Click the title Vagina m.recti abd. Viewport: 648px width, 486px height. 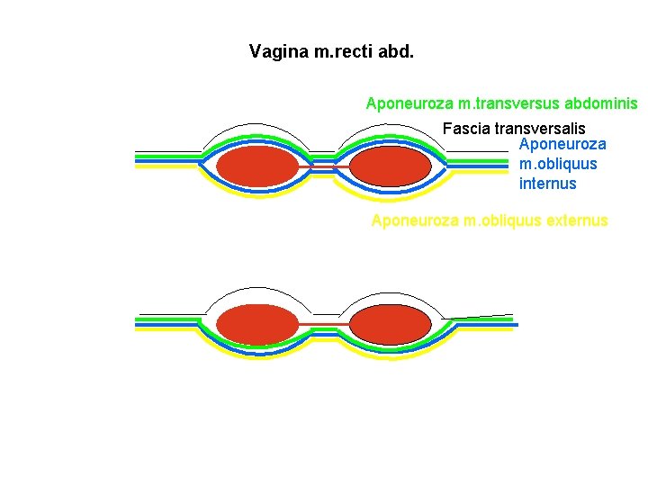click(x=331, y=51)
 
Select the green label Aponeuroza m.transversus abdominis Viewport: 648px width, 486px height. click(x=501, y=103)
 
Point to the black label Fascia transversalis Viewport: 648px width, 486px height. click(x=514, y=129)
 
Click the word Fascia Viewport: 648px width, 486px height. click(x=466, y=129)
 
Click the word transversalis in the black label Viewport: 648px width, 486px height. click(x=539, y=129)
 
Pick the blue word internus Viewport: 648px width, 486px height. click(x=547, y=184)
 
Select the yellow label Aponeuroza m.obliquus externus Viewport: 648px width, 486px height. click(x=490, y=220)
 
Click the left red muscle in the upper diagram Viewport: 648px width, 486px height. click(x=257, y=166)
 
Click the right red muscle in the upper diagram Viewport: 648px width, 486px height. click(x=390, y=166)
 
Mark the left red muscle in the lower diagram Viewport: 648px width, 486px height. click(x=257, y=325)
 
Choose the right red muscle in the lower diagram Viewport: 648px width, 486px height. click(x=390, y=325)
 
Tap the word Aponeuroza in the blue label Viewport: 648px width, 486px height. click(x=562, y=144)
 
